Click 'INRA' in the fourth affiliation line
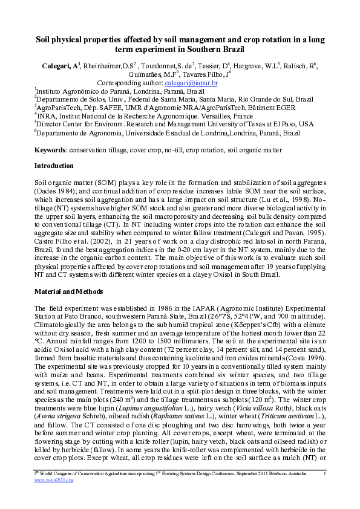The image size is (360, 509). (47, 115)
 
